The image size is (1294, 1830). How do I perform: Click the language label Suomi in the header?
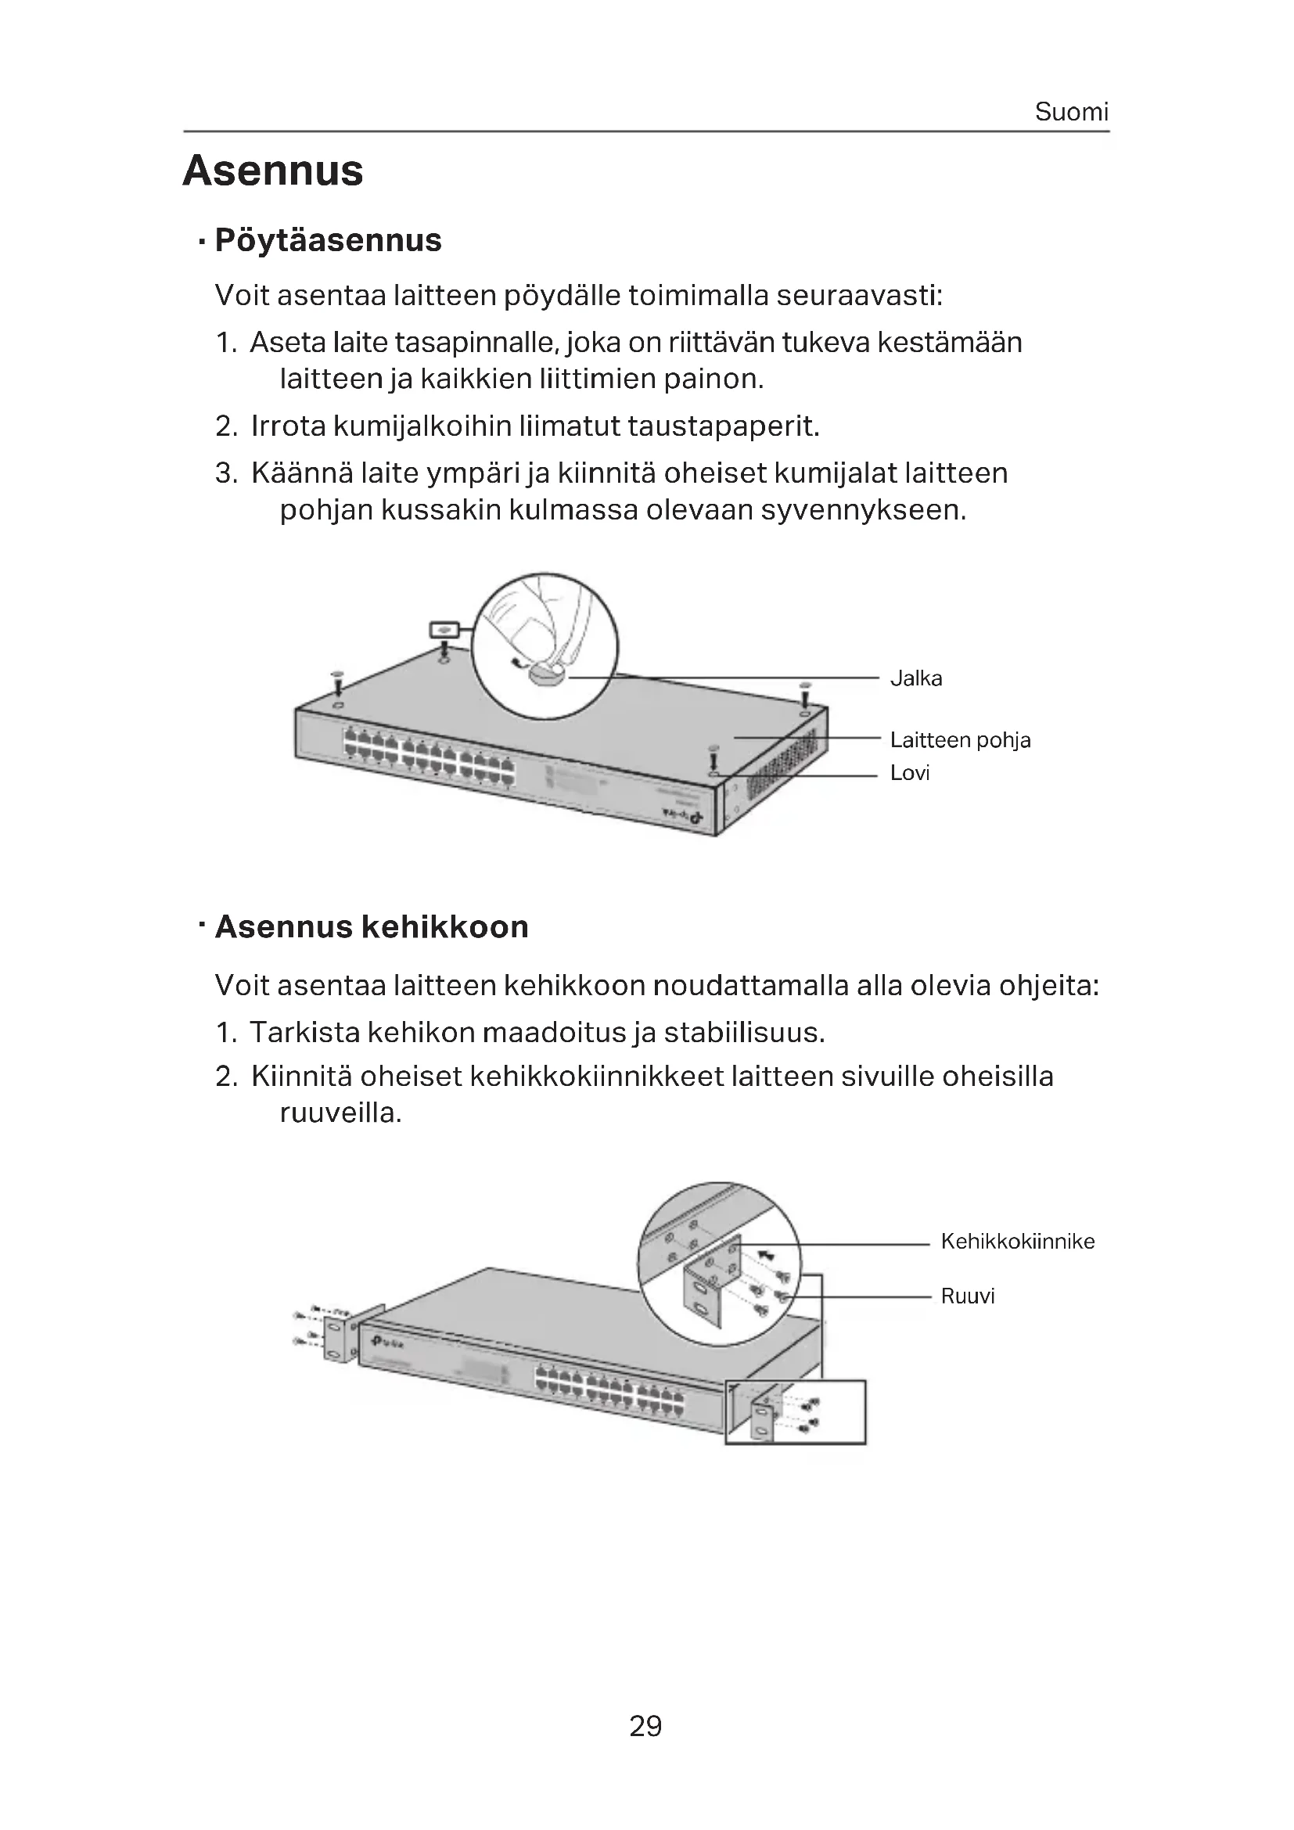[1071, 112]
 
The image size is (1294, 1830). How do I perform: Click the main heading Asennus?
[272, 171]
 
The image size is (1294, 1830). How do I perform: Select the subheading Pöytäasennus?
[328, 240]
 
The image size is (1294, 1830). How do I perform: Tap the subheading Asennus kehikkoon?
[372, 927]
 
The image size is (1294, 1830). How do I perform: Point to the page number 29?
[645, 1726]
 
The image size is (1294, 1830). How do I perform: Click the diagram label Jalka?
[915, 678]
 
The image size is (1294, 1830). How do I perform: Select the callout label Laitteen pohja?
[959, 740]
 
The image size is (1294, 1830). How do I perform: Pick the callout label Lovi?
[909, 773]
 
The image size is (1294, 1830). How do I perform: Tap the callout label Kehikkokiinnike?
[1018, 1241]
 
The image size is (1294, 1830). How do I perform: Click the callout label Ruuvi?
[967, 1296]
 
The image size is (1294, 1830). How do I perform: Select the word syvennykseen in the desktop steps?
[863, 510]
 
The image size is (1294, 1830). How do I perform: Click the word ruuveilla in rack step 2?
[340, 1113]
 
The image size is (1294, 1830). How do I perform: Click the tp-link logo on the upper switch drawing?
[688, 816]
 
